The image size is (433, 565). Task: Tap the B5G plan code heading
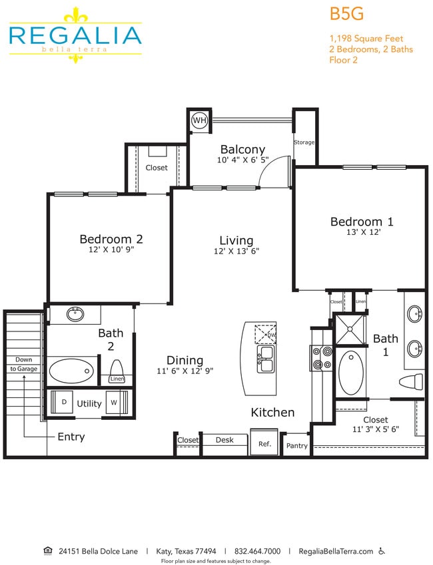click(x=346, y=14)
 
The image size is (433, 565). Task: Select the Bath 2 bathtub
click(x=71, y=369)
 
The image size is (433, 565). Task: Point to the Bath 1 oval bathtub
click(x=351, y=373)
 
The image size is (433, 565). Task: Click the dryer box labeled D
click(x=64, y=403)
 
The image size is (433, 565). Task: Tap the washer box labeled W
click(x=114, y=403)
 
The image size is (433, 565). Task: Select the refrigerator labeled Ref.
click(x=264, y=444)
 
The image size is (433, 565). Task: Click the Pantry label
click(x=296, y=446)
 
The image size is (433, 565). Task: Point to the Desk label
click(x=224, y=440)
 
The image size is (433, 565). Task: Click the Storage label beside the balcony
click(x=304, y=142)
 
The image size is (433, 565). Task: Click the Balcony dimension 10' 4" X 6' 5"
click(x=242, y=160)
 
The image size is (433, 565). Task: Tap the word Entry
click(x=71, y=437)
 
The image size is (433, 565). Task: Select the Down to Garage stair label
click(x=23, y=364)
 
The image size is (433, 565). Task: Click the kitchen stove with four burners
click(x=320, y=357)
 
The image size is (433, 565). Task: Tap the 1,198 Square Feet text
click(x=366, y=39)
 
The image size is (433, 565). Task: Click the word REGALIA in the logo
click(x=75, y=35)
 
